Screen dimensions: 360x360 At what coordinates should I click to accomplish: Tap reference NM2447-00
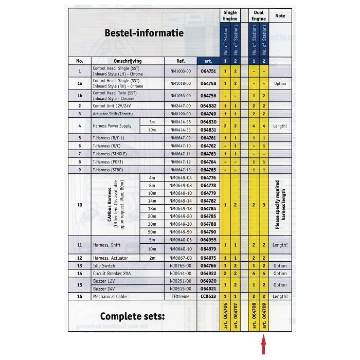click(180, 105)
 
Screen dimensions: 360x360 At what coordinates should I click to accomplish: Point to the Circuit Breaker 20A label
click(112, 273)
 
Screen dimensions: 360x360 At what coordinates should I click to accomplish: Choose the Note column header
click(280, 16)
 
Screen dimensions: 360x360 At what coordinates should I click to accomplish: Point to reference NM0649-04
click(180, 177)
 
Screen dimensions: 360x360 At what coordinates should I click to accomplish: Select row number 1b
click(80, 95)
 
